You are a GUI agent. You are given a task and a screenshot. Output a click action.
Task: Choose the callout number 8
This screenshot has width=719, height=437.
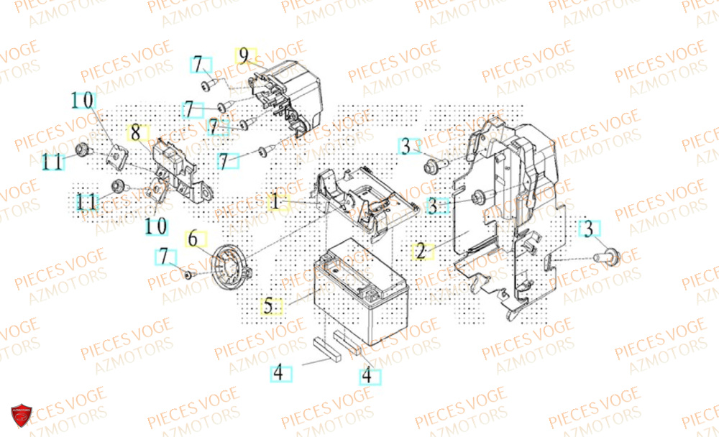point(134,132)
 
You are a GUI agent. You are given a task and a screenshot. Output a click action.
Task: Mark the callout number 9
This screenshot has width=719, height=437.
point(244,55)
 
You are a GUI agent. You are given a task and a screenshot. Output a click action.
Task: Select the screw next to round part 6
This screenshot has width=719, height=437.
point(188,274)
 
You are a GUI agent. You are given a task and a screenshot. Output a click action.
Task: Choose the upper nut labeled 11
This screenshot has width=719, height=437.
point(82,149)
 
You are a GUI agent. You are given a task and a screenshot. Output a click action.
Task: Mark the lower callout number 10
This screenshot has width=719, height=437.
point(156,226)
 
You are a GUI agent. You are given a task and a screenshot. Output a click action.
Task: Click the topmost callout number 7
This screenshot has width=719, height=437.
point(201,64)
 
